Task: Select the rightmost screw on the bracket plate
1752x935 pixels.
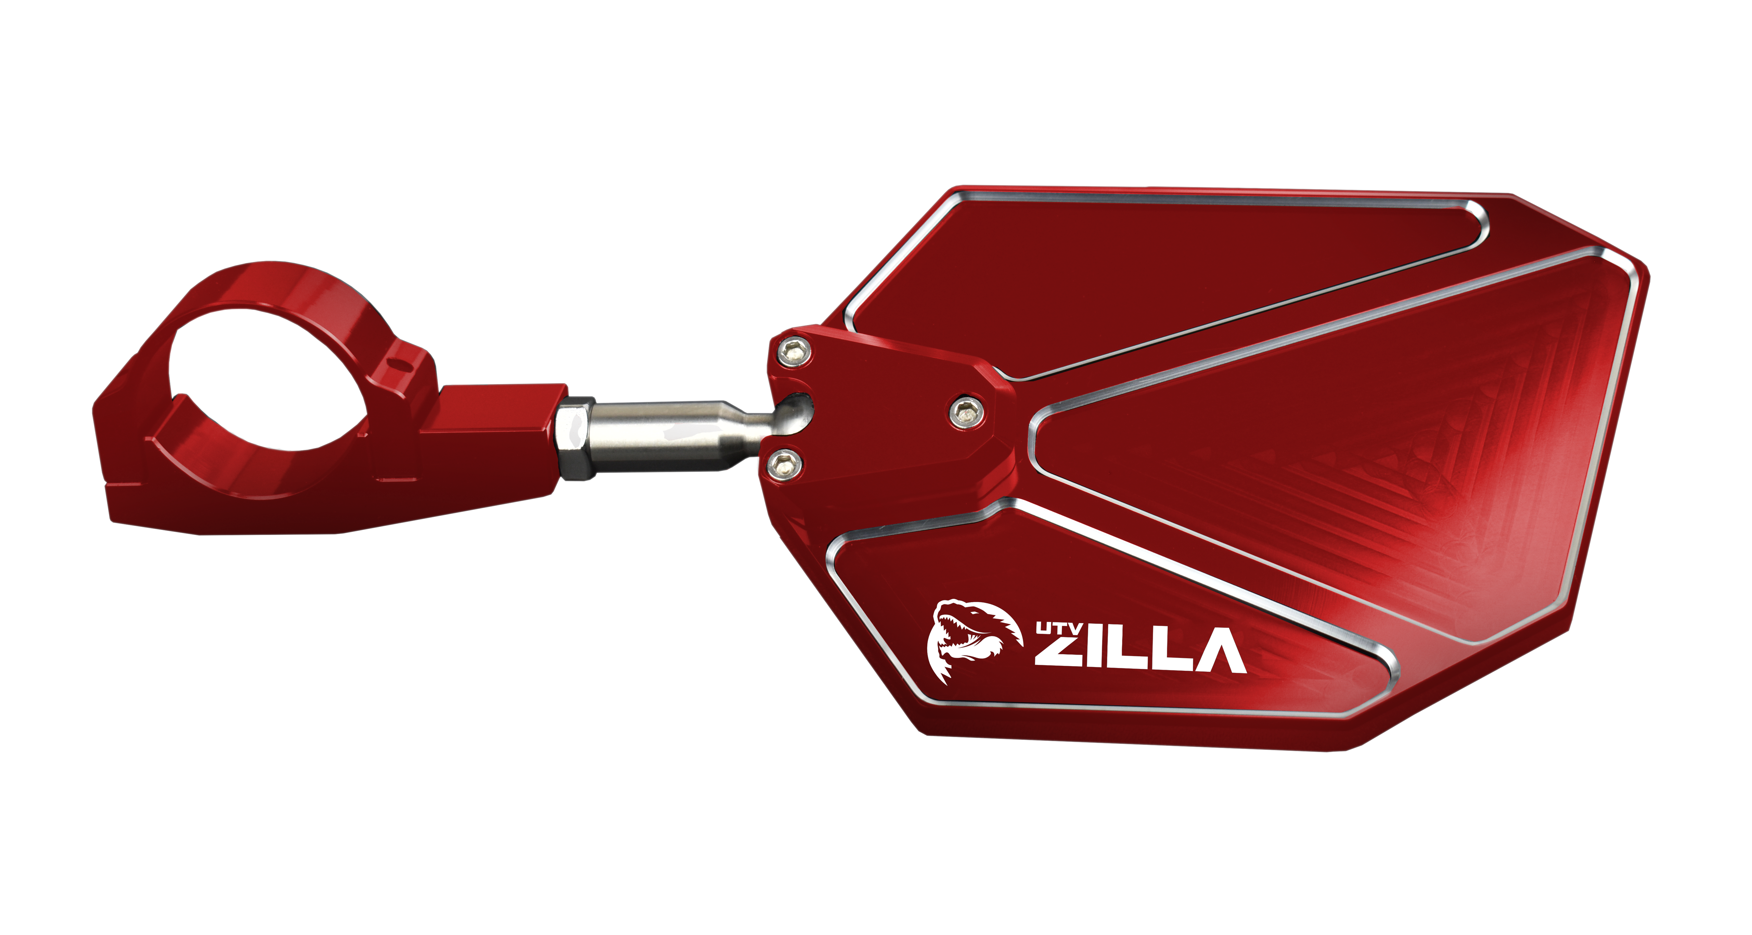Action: coord(966,410)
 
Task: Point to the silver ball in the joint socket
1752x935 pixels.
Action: coord(794,413)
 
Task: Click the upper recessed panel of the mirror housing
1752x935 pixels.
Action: coord(1156,272)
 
